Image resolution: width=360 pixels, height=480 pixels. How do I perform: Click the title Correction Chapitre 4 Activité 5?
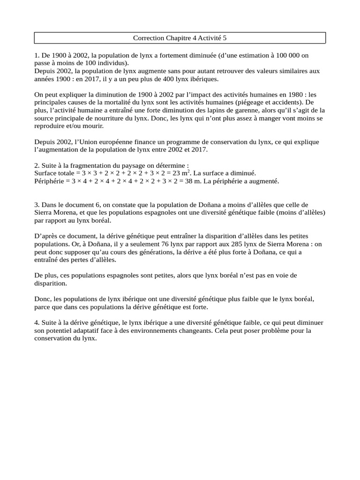[x=180, y=37]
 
